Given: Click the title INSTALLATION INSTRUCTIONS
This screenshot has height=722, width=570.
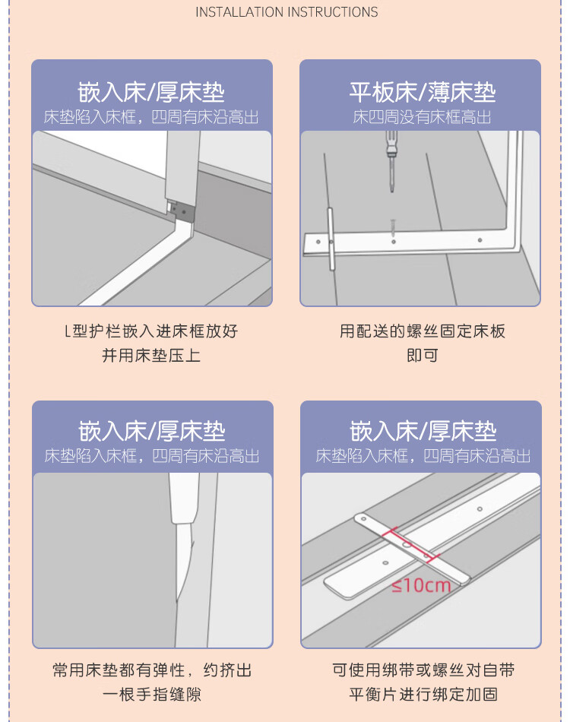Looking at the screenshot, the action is [x=287, y=12].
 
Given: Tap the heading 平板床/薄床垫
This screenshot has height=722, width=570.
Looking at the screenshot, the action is [x=423, y=93].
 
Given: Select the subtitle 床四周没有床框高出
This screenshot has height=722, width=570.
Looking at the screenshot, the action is [x=422, y=117].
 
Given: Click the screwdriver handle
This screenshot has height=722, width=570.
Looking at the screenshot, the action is [x=391, y=143].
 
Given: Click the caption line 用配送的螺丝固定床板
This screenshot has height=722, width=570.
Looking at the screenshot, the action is [x=423, y=331].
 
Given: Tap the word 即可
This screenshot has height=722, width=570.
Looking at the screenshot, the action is [x=423, y=356].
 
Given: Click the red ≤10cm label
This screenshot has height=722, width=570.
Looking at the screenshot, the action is [x=421, y=585].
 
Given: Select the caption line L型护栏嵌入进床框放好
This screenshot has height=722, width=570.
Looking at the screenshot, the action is [x=151, y=331].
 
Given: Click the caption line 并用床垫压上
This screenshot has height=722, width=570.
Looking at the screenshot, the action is [x=151, y=356].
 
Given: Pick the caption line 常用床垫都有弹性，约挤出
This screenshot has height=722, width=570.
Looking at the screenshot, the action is [x=152, y=670].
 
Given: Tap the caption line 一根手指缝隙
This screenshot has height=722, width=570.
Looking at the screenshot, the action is [x=152, y=695].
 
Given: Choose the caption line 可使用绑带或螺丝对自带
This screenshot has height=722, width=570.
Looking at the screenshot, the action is [x=423, y=670].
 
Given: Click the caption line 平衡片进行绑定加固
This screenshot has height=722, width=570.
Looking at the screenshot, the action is [x=423, y=695].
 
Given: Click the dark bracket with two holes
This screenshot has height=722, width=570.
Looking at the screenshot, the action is [x=182, y=211].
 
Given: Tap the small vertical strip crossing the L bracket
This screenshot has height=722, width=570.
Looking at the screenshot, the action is [x=331, y=239].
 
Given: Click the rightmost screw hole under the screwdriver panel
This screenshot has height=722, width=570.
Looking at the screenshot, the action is [x=480, y=240].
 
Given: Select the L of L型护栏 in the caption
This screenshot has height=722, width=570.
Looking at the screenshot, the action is [x=67, y=331].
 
